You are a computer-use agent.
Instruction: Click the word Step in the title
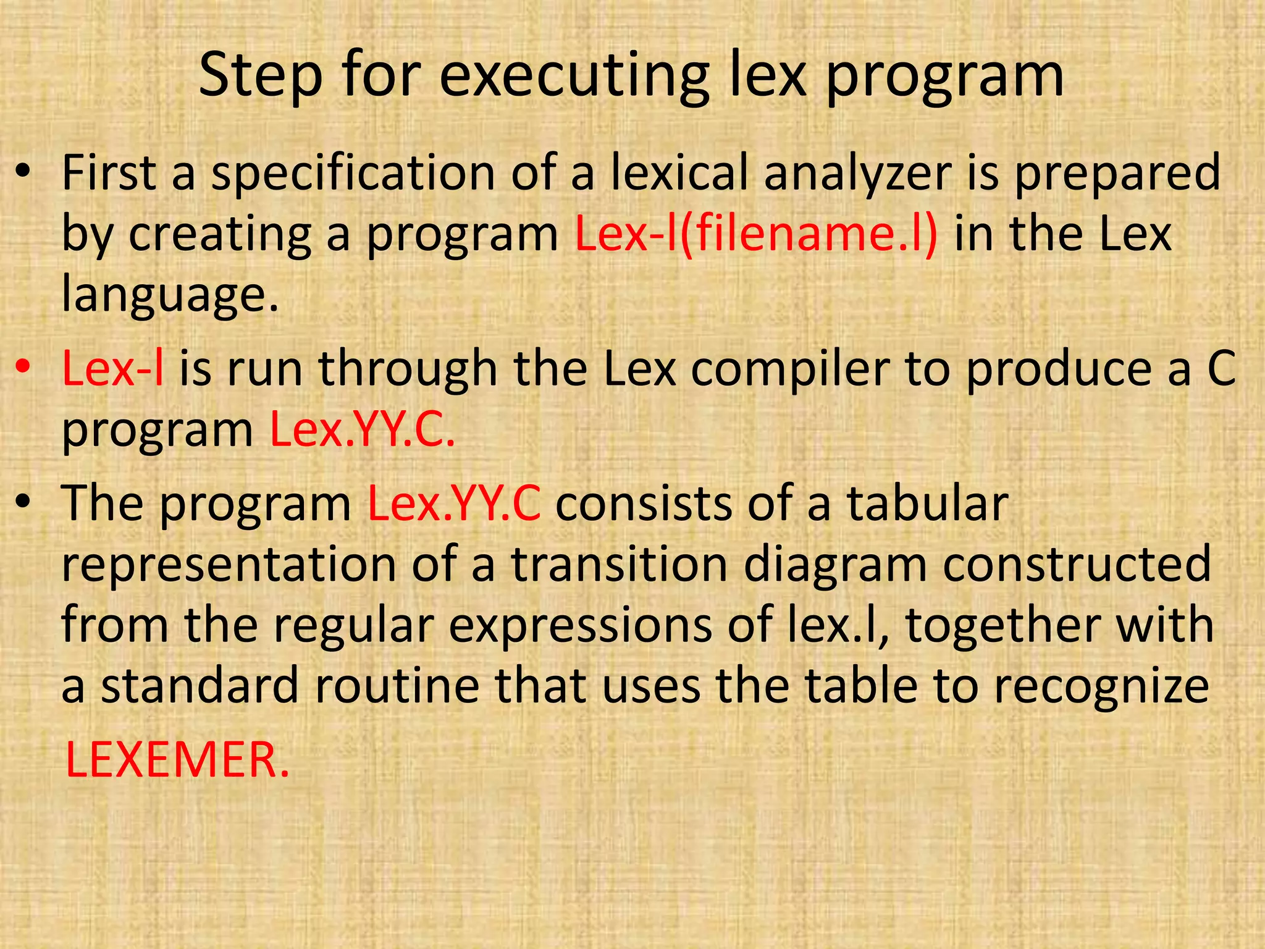coord(260,75)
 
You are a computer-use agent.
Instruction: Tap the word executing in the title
coord(574,75)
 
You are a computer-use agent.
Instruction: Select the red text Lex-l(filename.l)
coord(756,234)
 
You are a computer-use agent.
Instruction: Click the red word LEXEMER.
coord(177,759)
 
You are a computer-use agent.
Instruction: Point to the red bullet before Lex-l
coord(23,366)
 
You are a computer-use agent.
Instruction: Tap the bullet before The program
coord(23,501)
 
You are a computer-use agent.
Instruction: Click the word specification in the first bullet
coord(353,174)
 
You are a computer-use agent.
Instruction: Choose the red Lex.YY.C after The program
coord(454,504)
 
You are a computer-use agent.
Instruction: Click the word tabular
coord(927,504)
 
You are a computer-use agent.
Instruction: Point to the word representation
coord(229,564)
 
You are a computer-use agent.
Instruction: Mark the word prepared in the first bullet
coord(1117,174)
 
